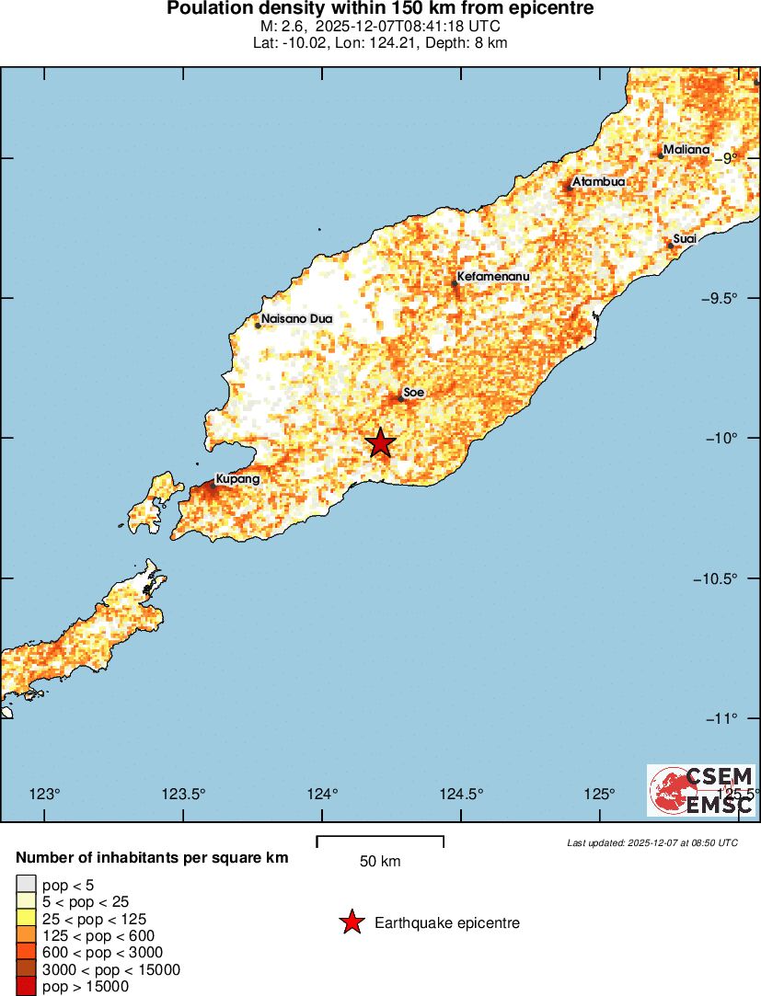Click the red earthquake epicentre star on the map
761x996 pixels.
[380, 443]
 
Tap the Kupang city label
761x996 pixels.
[236, 479]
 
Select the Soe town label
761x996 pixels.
[413, 393]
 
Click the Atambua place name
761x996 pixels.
[598, 182]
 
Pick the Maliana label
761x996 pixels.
[686, 150]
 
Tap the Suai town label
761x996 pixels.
[685, 239]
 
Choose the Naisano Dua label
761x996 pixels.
[296, 319]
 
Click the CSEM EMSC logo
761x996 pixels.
[701, 790]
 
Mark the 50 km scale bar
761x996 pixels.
[380, 841]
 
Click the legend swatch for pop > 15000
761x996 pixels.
[26, 987]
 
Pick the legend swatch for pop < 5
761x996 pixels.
[26, 884]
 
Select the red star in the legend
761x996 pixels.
[352, 922]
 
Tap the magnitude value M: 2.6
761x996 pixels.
[281, 27]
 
